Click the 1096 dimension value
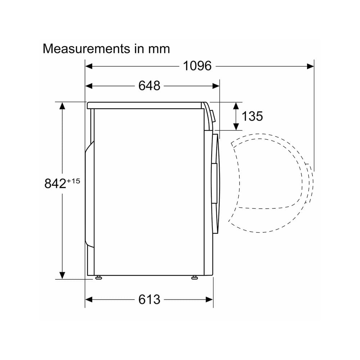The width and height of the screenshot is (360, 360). coord(197,66)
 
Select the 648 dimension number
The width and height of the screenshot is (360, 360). coord(149,86)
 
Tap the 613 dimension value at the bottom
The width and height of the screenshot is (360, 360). coord(149,300)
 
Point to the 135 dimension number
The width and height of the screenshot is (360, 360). coord(252,116)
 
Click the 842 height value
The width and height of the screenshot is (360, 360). coord(55,184)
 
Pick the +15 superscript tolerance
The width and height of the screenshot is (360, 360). coord(73,181)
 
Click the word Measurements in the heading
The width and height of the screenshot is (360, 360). coord(86,49)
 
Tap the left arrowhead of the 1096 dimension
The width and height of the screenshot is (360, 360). coord(89,66)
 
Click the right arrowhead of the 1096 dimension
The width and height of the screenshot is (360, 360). coord(310,66)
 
